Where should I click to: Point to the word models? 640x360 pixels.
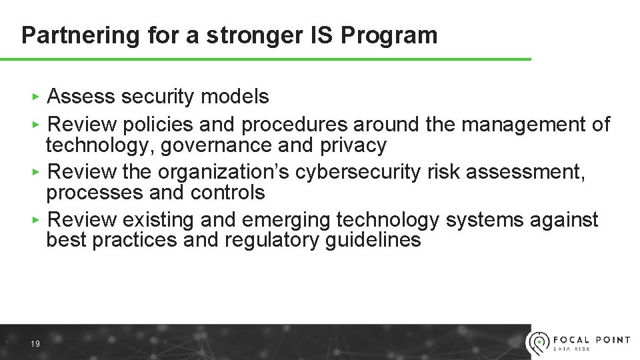235,97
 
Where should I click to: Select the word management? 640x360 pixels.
523,125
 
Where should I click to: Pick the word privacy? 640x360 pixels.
353,145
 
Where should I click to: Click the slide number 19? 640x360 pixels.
35,344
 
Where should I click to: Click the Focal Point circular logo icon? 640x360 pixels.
538,342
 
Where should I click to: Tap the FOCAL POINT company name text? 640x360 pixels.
592,339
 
